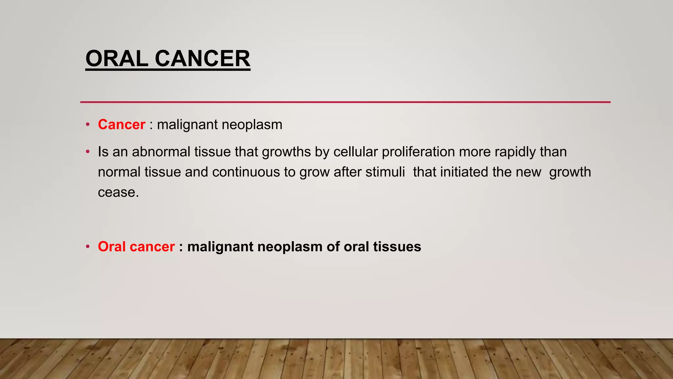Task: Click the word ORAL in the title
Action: pyautogui.click(x=117, y=59)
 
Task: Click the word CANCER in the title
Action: pyautogui.click(x=202, y=59)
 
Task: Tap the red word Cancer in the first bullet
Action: pyautogui.click(x=122, y=125)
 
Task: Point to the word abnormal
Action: pyautogui.click(x=161, y=152)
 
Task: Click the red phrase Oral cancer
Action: pyautogui.click(x=136, y=247)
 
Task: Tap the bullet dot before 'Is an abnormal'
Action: pyautogui.click(x=87, y=152)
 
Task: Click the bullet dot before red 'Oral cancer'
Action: pyautogui.click(x=87, y=247)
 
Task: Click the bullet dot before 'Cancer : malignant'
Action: pyautogui.click(x=87, y=125)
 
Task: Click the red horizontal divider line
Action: pyautogui.click(x=345, y=102)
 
